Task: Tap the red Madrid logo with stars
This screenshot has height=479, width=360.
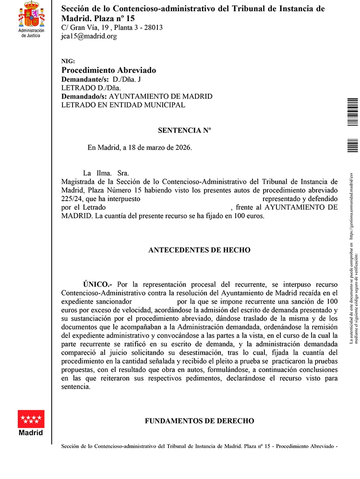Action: pyautogui.click(x=31, y=419)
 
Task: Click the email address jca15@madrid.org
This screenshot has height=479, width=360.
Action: pyautogui.click(x=89, y=36)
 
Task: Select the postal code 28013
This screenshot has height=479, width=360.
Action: pyautogui.click(x=153, y=27)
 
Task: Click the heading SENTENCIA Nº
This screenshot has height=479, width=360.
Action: pyautogui.click(x=184, y=130)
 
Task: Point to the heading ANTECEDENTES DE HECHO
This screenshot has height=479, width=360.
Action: pyautogui.click(x=199, y=250)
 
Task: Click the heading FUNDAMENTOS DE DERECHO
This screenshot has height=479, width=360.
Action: pyautogui.click(x=199, y=421)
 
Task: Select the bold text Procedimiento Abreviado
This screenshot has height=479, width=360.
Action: pyautogui.click(x=108, y=70)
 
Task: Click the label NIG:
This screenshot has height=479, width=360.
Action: pyautogui.click(x=69, y=61)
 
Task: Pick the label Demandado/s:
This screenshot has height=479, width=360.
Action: pyautogui.click(x=84, y=96)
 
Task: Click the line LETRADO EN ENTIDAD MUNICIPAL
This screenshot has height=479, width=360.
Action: pyautogui.click(x=123, y=105)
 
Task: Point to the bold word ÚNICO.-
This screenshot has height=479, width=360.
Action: pyautogui.click(x=97, y=285)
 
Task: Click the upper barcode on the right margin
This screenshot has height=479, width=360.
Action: pyautogui.click(x=353, y=112)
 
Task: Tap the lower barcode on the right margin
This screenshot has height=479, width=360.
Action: pyautogui.click(x=353, y=145)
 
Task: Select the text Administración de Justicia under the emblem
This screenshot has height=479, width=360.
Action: pyautogui.click(x=31, y=33)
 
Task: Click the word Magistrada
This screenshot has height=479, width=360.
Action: pyautogui.click(x=78, y=181)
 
